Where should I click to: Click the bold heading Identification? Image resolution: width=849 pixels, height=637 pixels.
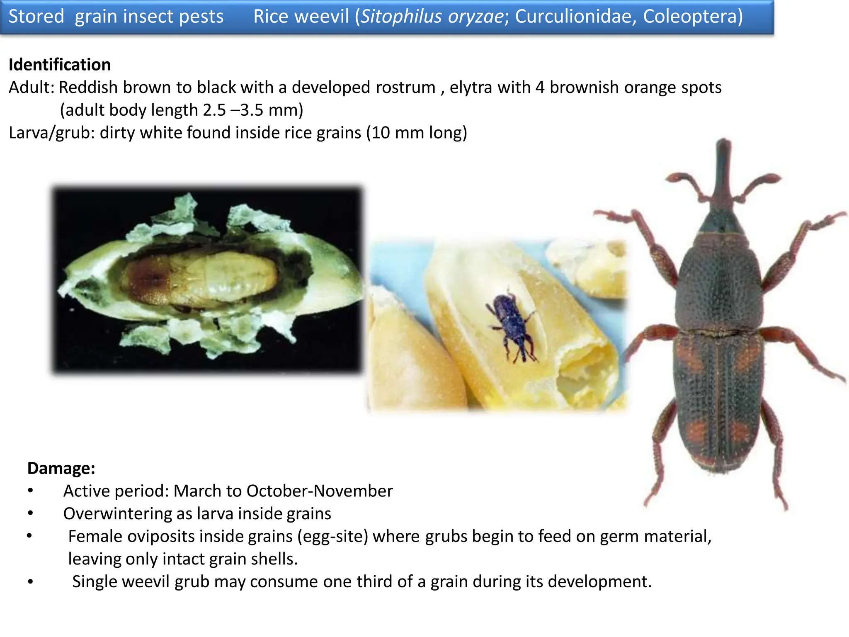pos(60,65)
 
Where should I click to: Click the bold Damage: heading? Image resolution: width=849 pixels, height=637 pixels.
pos(61,468)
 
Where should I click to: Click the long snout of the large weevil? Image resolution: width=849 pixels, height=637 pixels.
pos(723,174)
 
